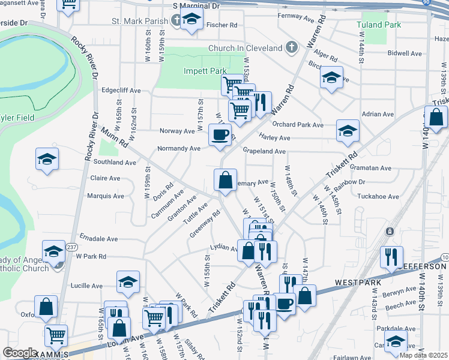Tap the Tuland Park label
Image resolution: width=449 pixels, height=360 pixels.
click(x=378, y=25)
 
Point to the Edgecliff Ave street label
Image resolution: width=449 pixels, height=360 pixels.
click(x=121, y=91)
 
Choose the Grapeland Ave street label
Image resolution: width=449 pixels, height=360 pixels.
click(x=264, y=152)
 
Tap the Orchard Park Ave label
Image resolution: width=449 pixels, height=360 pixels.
click(x=298, y=125)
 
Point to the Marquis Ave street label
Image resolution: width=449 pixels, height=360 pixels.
click(x=106, y=196)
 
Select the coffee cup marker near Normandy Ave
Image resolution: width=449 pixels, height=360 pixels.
click(x=219, y=134)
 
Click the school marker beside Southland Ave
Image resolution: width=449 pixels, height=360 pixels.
click(x=47, y=159)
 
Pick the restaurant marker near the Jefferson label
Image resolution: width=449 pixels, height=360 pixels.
click(x=392, y=257)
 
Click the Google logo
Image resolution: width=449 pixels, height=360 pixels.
click(x=20, y=353)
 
